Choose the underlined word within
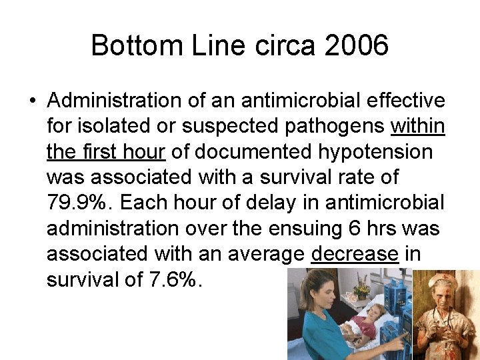[418, 126]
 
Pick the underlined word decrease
[355, 254]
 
